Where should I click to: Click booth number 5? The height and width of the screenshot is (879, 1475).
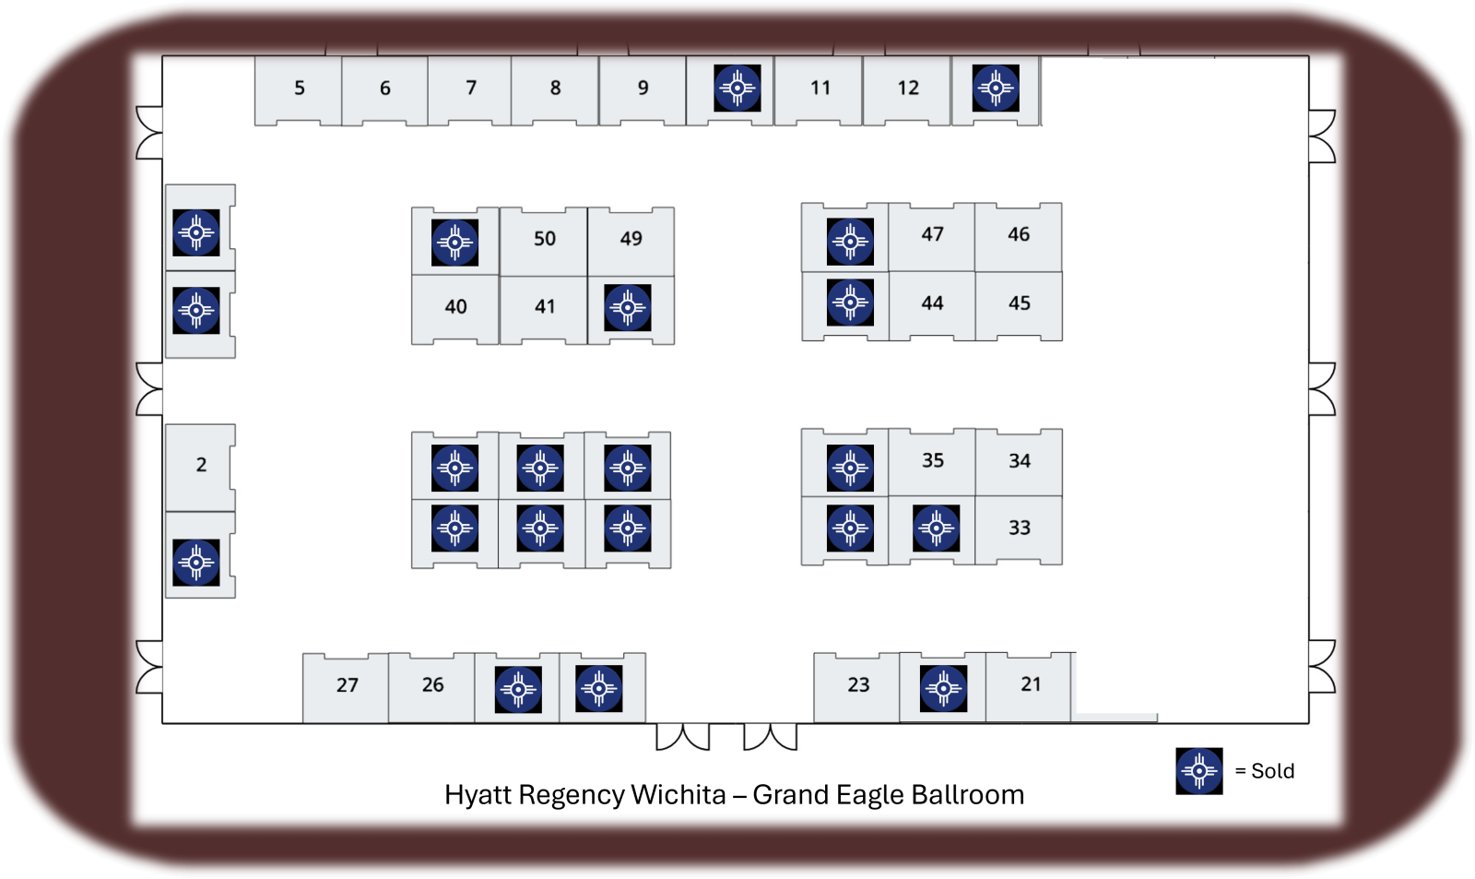pos(299,89)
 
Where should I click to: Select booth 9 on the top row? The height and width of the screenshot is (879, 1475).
pos(643,89)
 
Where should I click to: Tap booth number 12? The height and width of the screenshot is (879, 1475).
pos(908,89)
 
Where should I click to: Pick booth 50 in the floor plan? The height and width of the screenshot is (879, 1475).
pos(545,239)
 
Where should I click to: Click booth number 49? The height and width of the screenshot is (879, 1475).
pos(631,239)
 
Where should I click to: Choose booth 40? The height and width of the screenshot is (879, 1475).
pos(455,307)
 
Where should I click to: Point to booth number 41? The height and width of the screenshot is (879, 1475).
pos(545,307)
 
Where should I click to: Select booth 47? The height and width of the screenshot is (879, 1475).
pos(932,235)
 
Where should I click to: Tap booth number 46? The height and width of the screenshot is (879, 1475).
pos(1019,235)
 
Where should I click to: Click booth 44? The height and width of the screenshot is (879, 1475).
pos(932,303)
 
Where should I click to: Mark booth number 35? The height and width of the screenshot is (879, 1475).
pos(933,460)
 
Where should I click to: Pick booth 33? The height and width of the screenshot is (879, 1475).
pos(1019,529)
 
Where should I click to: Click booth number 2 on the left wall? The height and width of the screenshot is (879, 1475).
pos(201,465)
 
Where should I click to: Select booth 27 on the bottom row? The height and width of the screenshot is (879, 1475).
pos(347,685)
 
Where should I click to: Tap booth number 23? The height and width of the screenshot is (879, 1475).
pos(858,685)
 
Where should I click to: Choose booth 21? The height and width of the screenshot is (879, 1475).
pos(1031,684)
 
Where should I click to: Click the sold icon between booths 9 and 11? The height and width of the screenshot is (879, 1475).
pos(737,89)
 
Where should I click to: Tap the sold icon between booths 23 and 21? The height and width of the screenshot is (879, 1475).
pos(944,688)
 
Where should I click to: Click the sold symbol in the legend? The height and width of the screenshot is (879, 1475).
pos(1198,771)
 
